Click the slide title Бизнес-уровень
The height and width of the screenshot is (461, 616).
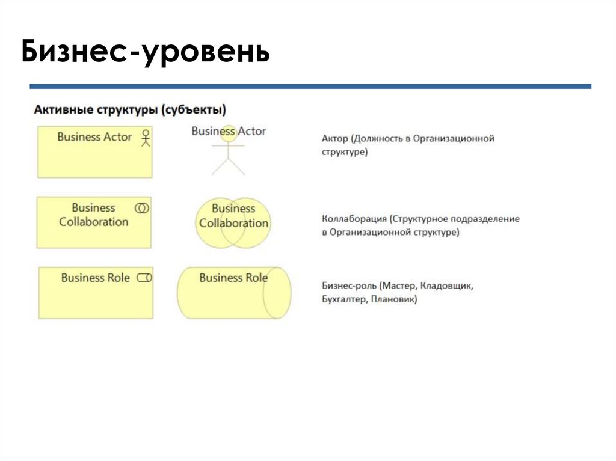tap(145, 53)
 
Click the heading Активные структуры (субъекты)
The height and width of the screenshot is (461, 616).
tap(130, 110)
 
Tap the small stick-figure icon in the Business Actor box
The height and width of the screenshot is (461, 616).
tap(144, 138)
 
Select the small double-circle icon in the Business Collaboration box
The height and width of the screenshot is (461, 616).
tap(142, 208)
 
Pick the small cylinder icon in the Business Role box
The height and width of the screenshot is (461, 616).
tap(144, 278)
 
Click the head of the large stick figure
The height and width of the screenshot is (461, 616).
tap(229, 133)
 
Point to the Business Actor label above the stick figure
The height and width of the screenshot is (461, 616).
tap(229, 131)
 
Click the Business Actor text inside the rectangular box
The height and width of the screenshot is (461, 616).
tap(94, 137)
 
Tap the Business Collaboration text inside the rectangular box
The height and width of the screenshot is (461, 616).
tap(93, 215)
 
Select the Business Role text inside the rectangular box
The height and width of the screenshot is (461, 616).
tap(95, 278)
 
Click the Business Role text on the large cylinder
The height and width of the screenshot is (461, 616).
tap(233, 278)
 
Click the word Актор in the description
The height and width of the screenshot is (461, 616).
tap(335, 139)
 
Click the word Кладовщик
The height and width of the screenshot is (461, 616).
tap(449, 286)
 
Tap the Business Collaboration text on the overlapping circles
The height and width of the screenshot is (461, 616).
tap(233, 216)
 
